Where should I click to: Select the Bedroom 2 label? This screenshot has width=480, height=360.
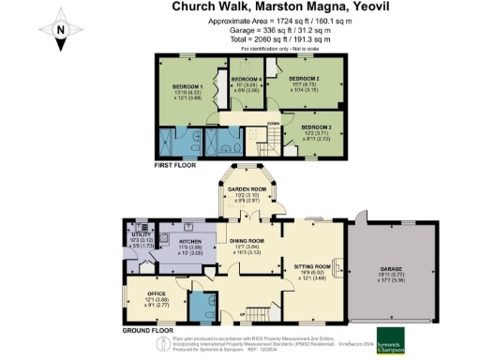coord(305,79)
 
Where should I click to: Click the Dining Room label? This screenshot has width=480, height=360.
coord(248,241)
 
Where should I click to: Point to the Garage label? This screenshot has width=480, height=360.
coord(388,264)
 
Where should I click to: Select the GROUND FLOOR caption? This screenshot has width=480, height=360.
coord(151,331)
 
